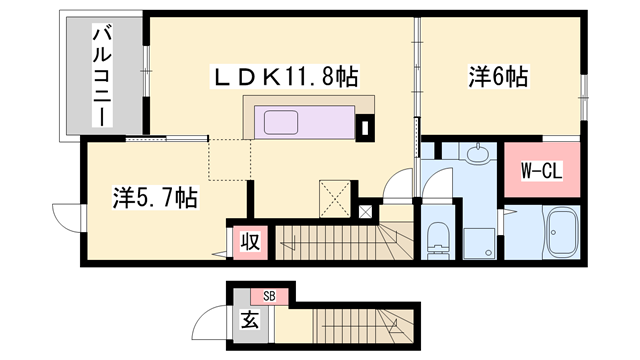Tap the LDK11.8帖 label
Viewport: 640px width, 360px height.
tap(284, 77)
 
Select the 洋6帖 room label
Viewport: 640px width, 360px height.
tap(497, 75)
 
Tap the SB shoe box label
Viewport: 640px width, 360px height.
tap(269, 295)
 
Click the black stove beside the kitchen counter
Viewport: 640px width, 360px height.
tap(363, 127)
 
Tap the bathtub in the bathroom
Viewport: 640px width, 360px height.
tap(562, 233)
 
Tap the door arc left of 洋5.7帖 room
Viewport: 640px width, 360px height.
tap(67, 216)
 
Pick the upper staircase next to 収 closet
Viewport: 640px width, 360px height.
tap(340, 240)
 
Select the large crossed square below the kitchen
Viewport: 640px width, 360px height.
tap(333, 195)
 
